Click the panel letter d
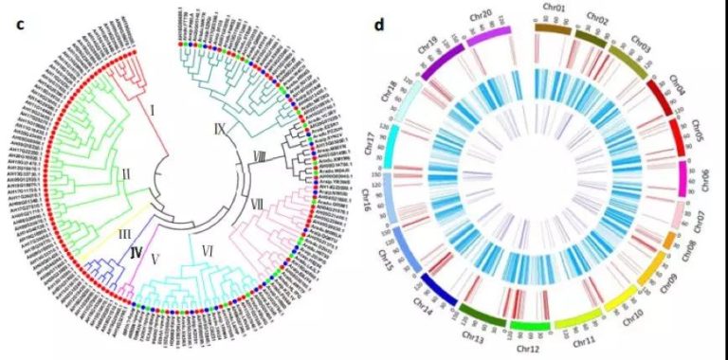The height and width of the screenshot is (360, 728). tap(379, 23)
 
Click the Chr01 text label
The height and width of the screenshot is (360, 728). tap(555, 9)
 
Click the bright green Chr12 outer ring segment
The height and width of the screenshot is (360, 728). tap(530, 326)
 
